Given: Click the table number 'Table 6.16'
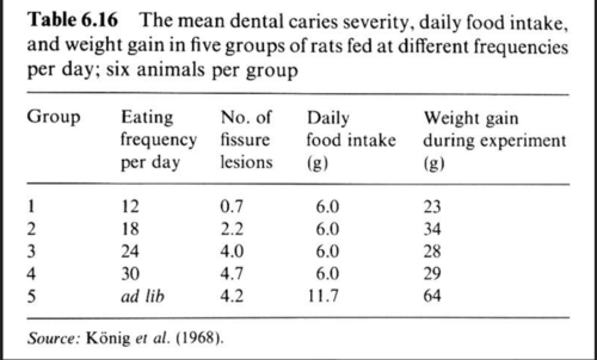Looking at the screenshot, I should point(72,20).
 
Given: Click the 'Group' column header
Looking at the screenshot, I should point(53,117).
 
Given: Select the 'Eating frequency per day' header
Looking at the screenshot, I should point(158,140).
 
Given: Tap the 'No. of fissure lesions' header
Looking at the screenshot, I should point(246,140).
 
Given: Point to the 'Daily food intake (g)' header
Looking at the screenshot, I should point(351,140).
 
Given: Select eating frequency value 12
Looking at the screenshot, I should point(130,206).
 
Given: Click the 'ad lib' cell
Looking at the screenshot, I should point(142,296).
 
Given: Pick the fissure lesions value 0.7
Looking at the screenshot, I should point(231,206).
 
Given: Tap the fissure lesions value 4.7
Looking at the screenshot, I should point(231,273).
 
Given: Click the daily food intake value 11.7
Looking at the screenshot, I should point(323,296).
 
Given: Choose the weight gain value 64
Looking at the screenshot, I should point(432,296).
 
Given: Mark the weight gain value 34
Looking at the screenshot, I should point(432,229).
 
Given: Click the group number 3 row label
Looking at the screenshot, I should point(31,251).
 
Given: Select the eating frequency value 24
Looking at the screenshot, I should point(130,251).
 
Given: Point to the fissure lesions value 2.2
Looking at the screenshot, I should point(231,229).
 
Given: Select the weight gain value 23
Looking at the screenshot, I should point(432,206).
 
